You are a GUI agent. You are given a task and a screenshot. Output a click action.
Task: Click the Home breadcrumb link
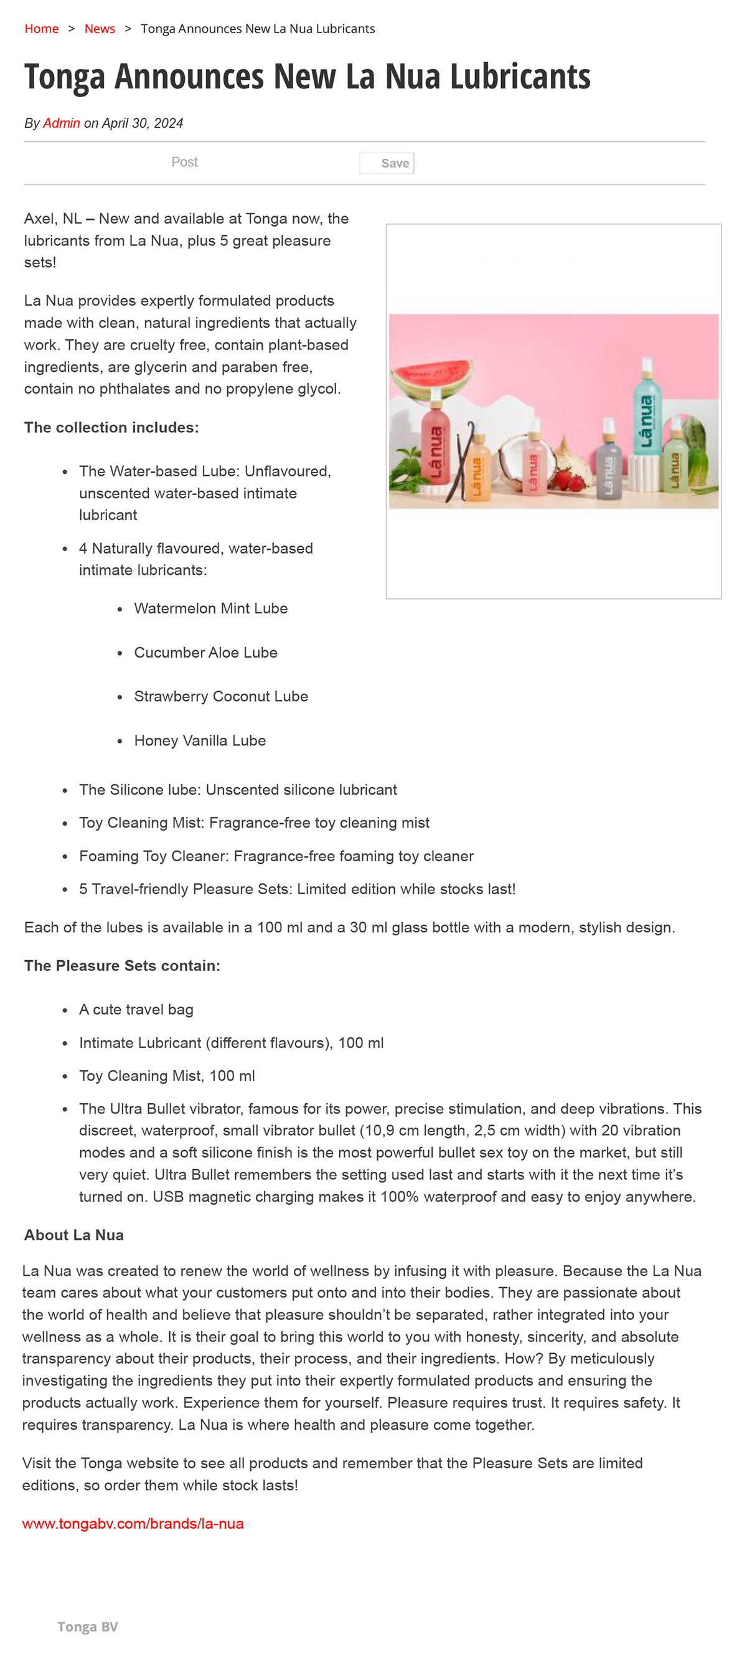click(41, 29)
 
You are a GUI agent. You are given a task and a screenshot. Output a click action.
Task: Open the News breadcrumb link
click(100, 29)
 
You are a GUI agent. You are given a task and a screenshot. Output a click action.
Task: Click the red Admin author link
click(61, 123)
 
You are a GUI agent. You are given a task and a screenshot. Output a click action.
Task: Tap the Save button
click(387, 163)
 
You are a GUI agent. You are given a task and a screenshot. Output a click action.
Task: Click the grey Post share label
click(184, 162)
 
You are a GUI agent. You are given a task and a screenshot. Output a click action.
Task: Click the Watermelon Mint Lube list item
click(210, 608)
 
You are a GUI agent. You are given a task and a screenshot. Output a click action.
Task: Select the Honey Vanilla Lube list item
click(199, 740)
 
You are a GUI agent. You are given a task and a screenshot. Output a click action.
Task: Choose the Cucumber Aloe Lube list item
click(205, 652)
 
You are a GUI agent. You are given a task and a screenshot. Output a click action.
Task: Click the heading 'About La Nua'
click(74, 1235)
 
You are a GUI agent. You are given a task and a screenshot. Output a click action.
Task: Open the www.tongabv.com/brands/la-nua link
click(133, 1524)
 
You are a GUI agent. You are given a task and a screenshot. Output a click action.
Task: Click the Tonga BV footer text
click(87, 1626)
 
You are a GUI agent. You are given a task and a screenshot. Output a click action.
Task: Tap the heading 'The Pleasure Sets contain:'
click(122, 966)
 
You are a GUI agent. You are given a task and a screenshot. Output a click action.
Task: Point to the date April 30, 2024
click(142, 123)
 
